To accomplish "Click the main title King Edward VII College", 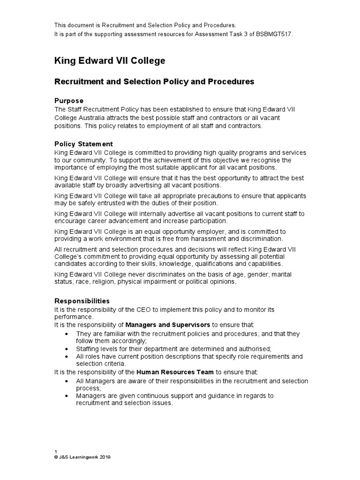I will point(110,61).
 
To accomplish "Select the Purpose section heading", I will point(69,101).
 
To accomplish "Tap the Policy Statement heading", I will point(83,144).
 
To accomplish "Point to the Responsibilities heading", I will point(82,301).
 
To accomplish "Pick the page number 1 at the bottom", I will point(56,451).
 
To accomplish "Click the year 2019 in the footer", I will point(104,457).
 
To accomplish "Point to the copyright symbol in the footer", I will point(56,457).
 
